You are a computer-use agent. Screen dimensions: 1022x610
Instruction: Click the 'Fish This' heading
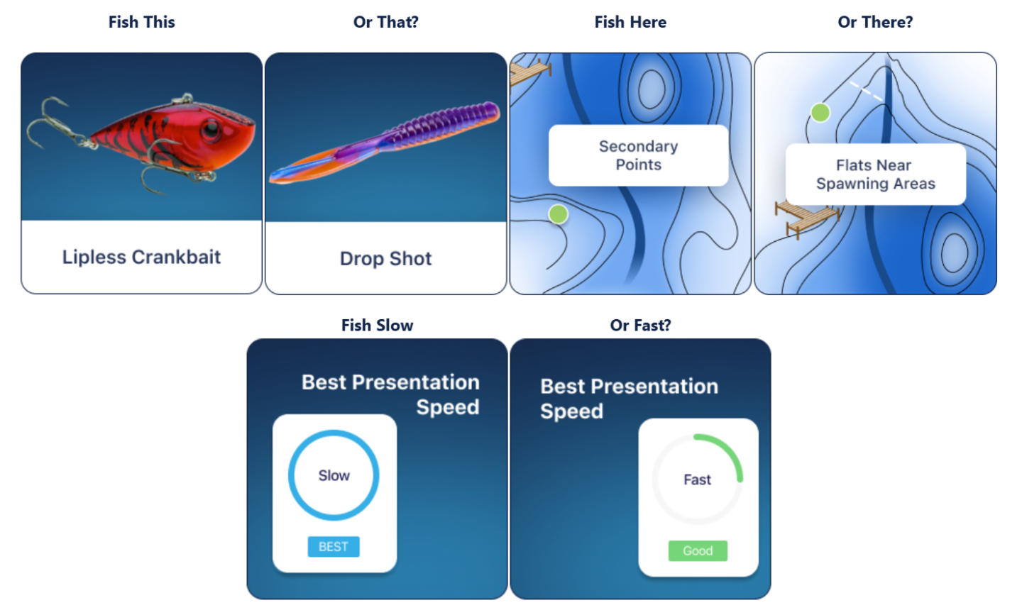point(141,22)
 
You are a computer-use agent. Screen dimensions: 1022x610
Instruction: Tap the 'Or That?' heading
point(385,22)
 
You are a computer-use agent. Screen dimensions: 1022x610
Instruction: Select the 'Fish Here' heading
point(630,22)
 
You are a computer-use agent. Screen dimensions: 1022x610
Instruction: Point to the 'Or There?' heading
point(875,22)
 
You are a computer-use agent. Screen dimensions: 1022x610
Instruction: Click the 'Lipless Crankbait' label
point(141,257)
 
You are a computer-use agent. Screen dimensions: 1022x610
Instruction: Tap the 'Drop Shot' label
point(385,258)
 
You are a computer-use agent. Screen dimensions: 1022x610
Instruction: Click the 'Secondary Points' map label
point(638,155)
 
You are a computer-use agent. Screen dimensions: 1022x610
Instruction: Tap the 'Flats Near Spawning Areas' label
point(876,174)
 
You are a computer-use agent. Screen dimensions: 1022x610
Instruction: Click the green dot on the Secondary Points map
point(558,214)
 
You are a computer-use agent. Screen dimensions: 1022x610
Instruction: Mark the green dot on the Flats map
point(820,113)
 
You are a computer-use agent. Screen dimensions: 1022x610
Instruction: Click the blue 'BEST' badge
point(334,547)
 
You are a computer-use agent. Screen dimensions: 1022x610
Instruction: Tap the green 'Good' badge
point(698,550)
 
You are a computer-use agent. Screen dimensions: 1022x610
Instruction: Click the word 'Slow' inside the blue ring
point(334,475)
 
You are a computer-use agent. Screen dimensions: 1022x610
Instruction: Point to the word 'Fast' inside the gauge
point(697,479)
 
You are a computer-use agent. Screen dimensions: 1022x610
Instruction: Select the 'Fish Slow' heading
point(378,325)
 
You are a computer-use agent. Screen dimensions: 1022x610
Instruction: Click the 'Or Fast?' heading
point(641,325)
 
